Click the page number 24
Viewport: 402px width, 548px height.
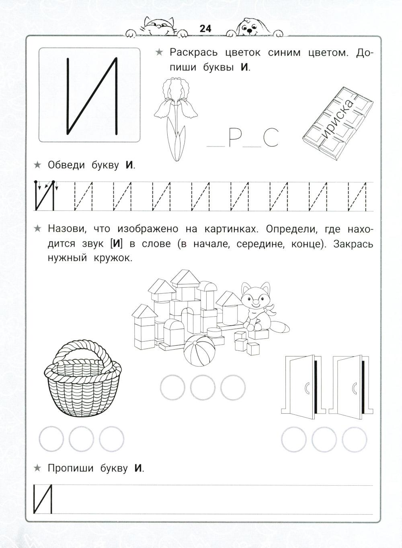click(205, 29)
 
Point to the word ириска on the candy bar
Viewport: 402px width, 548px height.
click(338, 119)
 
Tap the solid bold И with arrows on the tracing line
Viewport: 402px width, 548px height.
click(44, 196)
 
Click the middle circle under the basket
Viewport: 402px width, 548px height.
click(81, 439)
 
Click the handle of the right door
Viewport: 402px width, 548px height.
click(354, 388)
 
